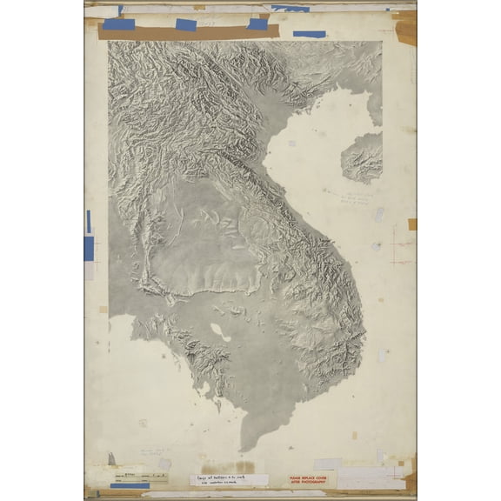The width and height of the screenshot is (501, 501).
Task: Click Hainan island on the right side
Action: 363,158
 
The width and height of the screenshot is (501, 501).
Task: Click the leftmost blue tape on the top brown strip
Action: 118,24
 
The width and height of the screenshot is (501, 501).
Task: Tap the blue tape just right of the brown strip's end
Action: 309,35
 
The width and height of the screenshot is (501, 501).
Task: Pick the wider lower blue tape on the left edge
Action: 89,249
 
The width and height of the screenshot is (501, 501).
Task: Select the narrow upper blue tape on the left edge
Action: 88,221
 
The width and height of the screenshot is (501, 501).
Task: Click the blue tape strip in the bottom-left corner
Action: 129,485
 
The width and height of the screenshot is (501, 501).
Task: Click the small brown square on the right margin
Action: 411,224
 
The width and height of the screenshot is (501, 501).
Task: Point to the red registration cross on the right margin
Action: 401,245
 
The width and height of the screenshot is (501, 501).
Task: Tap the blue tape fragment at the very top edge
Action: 290,9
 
